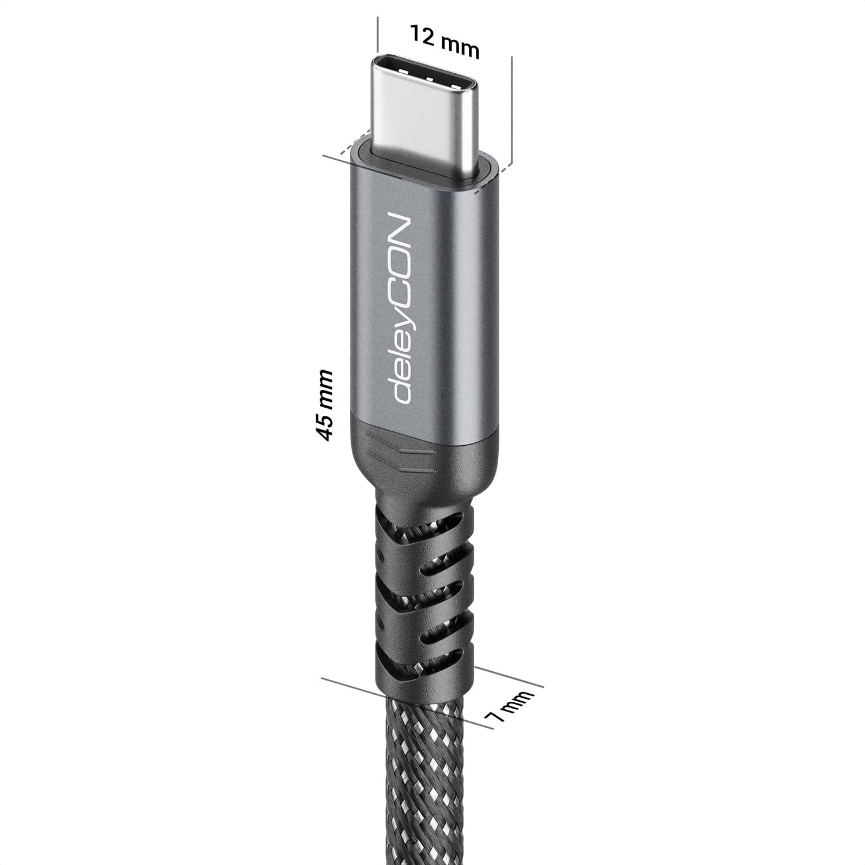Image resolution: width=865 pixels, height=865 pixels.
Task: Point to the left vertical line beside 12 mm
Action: [x=377, y=35]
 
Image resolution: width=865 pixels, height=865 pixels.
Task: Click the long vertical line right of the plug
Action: [x=512, y=110]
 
